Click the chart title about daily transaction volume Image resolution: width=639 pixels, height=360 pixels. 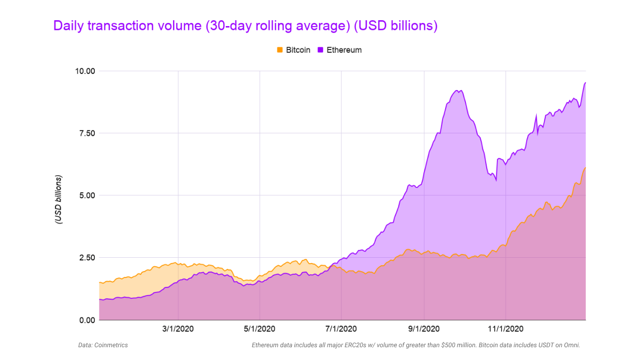click(x=245, y=26)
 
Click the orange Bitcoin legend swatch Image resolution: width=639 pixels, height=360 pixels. click(x=280, y=50)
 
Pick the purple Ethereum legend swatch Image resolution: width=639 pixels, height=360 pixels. click(x=321, y=50)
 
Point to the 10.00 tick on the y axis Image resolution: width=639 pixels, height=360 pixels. click(x=84, y=71)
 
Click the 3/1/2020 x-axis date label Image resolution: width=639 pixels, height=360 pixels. click(x=178, y=329)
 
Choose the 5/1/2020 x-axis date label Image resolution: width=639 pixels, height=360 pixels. click(x=259, y=329)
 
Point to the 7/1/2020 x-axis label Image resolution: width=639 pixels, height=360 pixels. click(x=341, y=329)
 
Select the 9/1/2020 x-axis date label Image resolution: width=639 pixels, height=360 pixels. click(x=424, y=329)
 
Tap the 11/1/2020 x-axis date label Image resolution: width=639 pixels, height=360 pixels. click(x=505, y=329)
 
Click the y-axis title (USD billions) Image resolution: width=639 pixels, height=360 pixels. click(x=59, y=199)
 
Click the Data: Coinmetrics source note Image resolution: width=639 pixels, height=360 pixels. click(x=103, y=345)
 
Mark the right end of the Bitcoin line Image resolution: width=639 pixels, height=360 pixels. click(x=585, y=168)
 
